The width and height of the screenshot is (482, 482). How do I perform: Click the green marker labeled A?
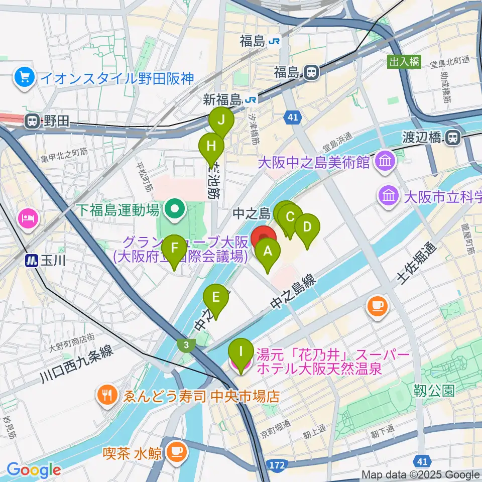tap(267, 250)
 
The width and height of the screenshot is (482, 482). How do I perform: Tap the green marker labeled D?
tap(307, 226)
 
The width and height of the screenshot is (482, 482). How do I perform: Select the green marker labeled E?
tap(216, 297)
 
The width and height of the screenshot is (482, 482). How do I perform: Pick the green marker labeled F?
tap(174, 248)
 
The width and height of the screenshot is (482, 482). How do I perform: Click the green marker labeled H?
tap(211, 146)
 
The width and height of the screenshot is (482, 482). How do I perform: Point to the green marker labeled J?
tap(221, 120)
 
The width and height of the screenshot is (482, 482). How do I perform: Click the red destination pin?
tap(263, 237)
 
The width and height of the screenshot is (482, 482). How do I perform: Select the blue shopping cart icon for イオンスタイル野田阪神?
tap(24, 77)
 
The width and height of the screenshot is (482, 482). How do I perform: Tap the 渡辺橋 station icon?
tap(453, 137)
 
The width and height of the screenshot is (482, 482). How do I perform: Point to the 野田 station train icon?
tap(32, 121)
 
